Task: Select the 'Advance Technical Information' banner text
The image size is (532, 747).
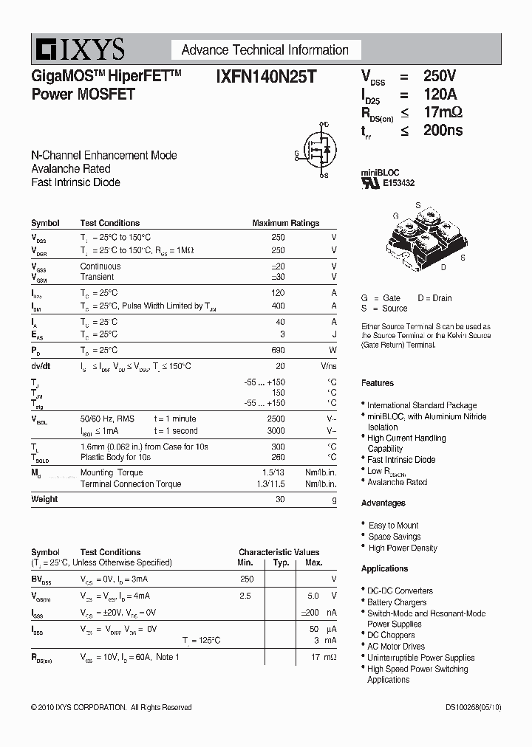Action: click(265, 50)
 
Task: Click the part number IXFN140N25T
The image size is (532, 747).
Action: click(266, 76)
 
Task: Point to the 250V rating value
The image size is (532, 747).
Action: click(440, 76)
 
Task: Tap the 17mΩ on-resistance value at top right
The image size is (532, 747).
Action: click(443, 112)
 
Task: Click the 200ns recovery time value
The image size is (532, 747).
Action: click(443, 131)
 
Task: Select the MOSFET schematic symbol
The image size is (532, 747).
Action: click(317, 151)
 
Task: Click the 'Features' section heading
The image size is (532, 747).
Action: click(378, 383)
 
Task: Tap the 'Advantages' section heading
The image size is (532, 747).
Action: click(383, 503)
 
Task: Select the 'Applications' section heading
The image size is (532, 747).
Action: click(384, 569)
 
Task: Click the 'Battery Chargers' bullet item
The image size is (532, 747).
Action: click(397, 602)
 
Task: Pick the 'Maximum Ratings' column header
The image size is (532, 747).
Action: click(285, 223)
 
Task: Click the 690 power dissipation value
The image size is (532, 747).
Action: click(278, 350)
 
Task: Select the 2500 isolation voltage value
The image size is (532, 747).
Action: click(276, 418)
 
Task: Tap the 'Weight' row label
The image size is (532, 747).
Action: click(44, 499)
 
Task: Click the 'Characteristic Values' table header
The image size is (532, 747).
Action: click(279, 552)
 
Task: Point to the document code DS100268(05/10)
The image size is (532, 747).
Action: click(473, 707)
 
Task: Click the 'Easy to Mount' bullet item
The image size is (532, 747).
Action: click(393, 526)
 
